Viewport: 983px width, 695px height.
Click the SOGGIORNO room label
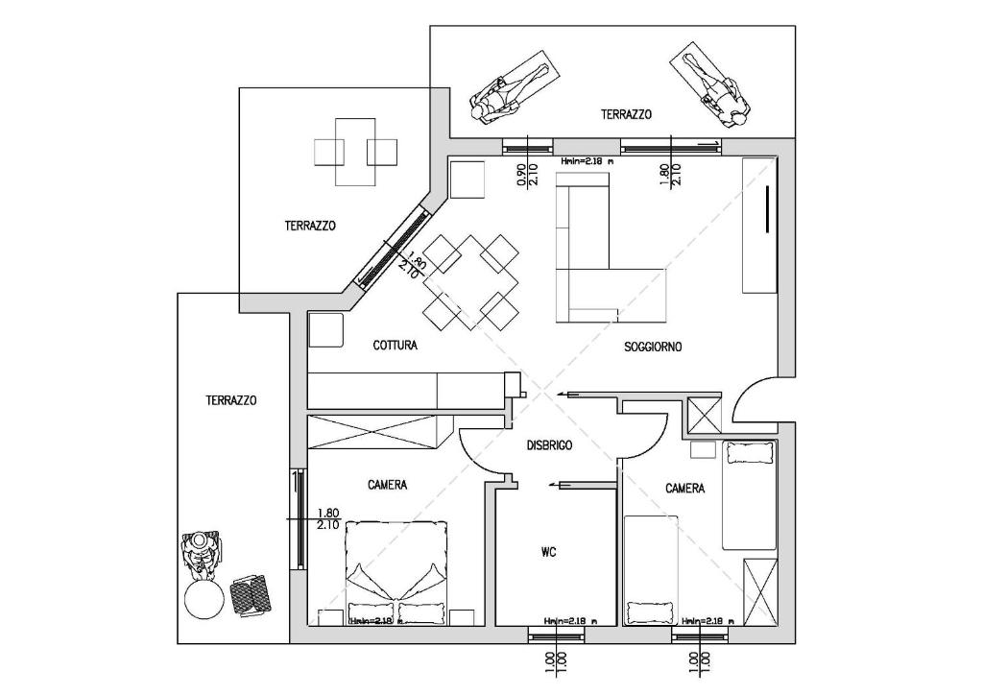(653, 347)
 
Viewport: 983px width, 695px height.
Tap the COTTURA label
(395, 346)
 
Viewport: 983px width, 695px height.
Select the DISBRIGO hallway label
(549, 445)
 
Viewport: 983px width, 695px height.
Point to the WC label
(549, 552)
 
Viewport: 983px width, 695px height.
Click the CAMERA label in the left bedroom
(387, 485)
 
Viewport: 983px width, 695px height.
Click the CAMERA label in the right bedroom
(684, 489)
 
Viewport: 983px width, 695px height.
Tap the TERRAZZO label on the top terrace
(626, 114)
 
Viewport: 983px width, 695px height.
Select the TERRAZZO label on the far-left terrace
(230, 400)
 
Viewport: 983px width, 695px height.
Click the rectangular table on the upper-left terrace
(355, 152)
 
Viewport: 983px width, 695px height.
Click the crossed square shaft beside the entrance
(704, 416)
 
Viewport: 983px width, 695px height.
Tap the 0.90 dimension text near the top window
(521, 174)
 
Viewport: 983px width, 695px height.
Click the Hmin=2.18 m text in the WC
(566, 621)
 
